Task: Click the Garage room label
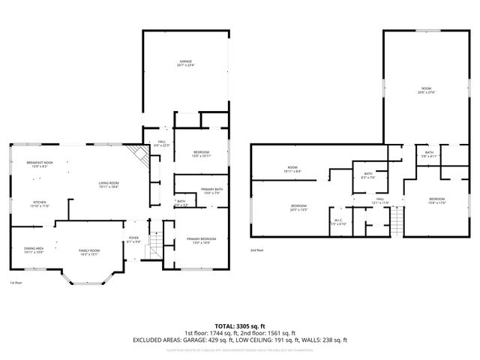[x=187, y=63]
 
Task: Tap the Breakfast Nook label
[x=40, y=165]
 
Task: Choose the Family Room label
[x=90, y=252]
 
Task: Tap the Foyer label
[x=133, y=240]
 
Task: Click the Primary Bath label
[x=211, y=190]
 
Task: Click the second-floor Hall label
[x=379, y=201]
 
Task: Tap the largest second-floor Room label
[x=426, y=91]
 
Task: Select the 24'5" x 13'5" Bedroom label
[x=298, y=207]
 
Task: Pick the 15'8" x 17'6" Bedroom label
[x=436, y=199]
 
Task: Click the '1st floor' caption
[x=15, y=283]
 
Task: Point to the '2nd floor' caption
[x=257, y=250]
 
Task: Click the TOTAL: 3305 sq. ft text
[x=240, y=325]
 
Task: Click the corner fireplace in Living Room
[x=136, y=156]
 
